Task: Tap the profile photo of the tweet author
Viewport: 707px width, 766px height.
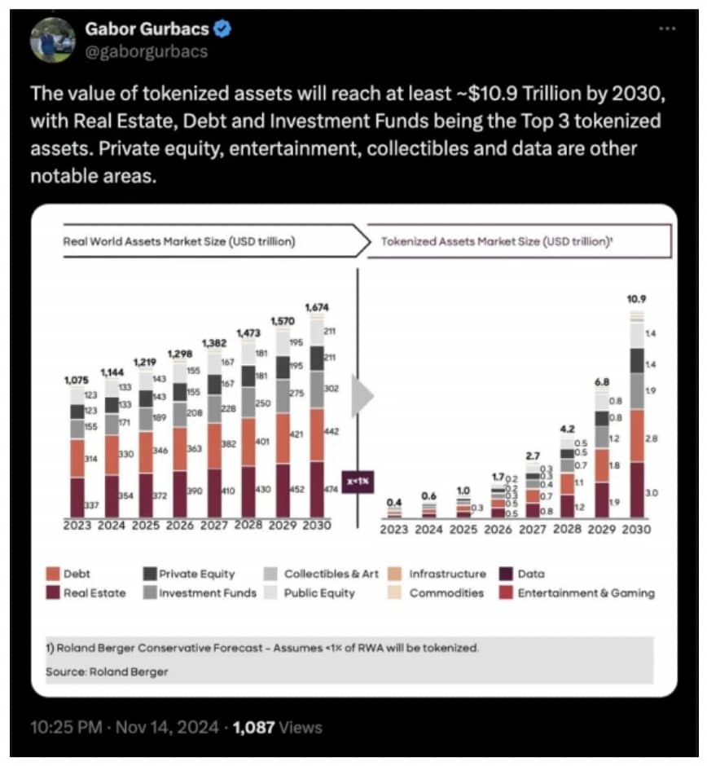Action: tap(53, 39)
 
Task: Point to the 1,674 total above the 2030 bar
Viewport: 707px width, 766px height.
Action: tap(317, 307)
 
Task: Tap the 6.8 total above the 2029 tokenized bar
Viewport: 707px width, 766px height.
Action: tap(603, 382)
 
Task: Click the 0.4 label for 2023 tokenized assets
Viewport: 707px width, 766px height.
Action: tap(393, 501)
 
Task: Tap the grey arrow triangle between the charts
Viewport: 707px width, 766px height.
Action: tap(361, 397)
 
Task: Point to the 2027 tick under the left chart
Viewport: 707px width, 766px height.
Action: tap(213, 526)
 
